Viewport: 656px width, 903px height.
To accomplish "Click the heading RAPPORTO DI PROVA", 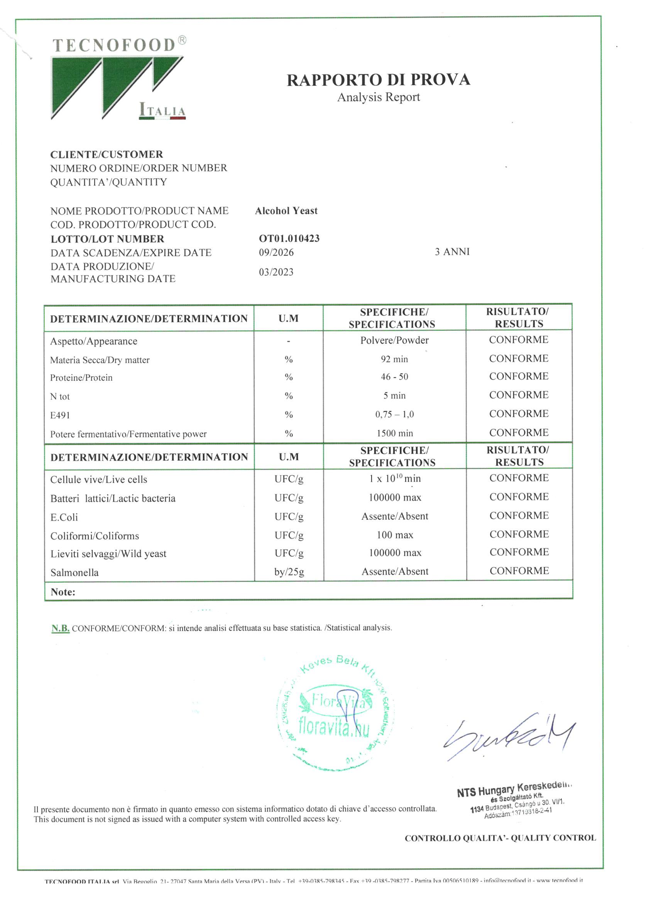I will (378, 80).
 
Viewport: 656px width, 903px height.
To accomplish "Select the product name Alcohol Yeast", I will (286, 210).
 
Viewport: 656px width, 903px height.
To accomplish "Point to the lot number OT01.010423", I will (289, 238).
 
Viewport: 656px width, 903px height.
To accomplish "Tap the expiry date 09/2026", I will (276, 253).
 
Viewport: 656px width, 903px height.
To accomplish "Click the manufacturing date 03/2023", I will (276, 272).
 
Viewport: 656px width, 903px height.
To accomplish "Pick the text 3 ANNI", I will (452, 252).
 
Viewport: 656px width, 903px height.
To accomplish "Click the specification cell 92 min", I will (394, 359).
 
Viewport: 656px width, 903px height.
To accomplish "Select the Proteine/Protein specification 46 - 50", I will (394, 377).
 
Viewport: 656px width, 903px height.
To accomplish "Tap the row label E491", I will (60, 415).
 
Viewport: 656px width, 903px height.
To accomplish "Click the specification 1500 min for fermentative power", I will (395, 433).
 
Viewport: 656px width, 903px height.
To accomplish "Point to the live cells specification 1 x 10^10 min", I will (395, 478).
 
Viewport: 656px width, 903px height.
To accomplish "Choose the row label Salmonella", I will (74, 572).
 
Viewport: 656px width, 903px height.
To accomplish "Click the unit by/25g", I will (289, 572).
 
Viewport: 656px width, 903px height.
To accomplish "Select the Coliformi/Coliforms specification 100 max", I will (395, 535).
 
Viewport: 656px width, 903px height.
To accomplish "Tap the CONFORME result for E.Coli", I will (519, 516).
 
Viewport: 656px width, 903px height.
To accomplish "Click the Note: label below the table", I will (63, 592).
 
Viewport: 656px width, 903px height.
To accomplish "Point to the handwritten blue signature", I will (509, 737).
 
